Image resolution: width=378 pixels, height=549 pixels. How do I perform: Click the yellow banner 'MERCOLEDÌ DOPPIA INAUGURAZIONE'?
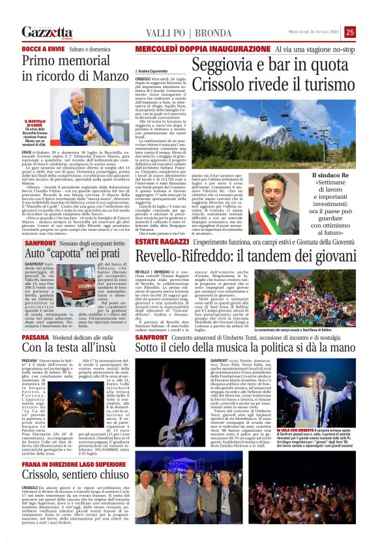click(186, 49)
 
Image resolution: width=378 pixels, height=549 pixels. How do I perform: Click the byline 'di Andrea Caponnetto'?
click(151, 70)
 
